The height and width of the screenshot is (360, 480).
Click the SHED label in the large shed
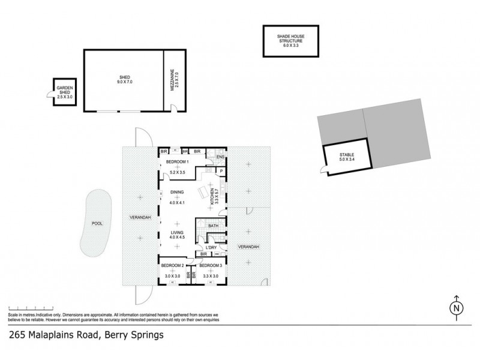125,77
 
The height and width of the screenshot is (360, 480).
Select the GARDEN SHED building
65,92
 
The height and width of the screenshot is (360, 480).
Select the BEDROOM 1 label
178,163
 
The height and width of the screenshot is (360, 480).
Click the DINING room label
177,192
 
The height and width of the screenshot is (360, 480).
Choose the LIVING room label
177,232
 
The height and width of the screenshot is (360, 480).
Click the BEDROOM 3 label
211,265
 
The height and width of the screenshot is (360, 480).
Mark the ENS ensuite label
220,158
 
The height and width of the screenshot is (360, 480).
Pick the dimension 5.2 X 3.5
178,173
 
